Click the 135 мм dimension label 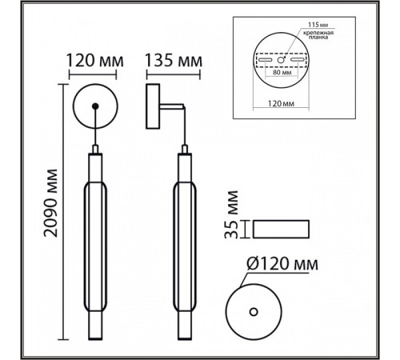173,60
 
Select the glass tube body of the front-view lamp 95,240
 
